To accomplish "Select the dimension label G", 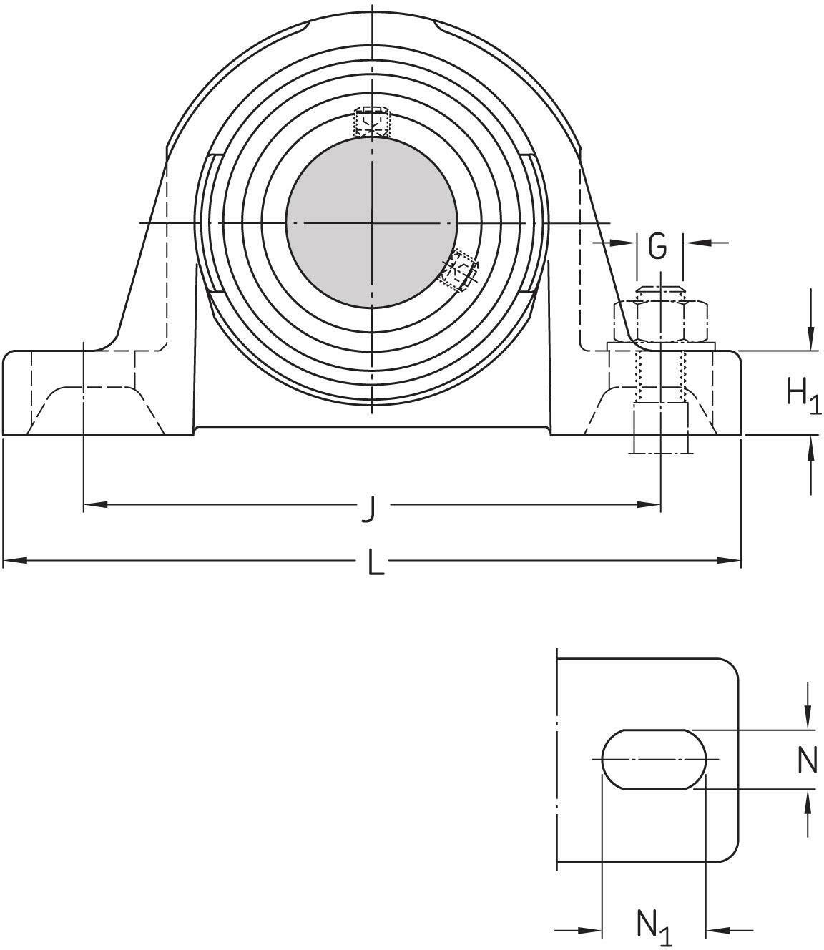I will [657, 247].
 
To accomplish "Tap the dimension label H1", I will [803, 395].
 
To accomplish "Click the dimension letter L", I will [375, 564].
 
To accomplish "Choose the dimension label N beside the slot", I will [807, 760].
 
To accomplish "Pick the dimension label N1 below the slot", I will [654, 927].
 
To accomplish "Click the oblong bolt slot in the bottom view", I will [654, 760].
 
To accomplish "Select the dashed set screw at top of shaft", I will [373, 122].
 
